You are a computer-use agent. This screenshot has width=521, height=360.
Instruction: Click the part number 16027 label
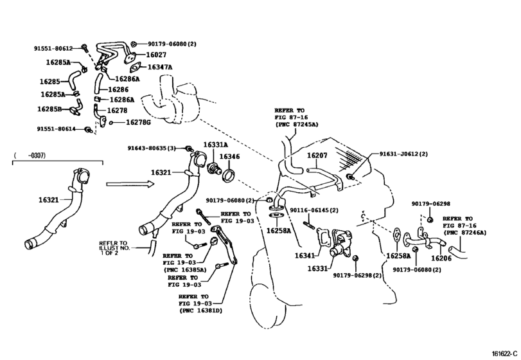click(x=156, y=55)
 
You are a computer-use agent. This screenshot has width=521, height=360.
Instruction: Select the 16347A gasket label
click(x=160, y=67)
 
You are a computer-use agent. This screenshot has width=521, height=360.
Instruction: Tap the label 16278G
click(x=138, y=122)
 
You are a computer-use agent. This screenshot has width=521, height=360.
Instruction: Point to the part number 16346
click(x=229, y=157)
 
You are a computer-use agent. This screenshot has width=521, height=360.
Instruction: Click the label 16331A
click(x=216, y=145)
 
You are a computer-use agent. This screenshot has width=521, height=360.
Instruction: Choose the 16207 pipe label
click(x=317, y=155)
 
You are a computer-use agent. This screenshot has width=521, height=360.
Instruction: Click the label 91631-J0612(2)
click(x=403, y=154)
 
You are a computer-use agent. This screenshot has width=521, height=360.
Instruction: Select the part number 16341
click(x=305, y=255)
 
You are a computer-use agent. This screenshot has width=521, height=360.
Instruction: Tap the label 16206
click(x=441, y=258)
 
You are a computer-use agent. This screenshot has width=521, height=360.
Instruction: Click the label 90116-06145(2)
click(x=314, y=210)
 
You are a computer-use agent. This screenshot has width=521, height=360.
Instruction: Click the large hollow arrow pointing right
click(x=130, y=184)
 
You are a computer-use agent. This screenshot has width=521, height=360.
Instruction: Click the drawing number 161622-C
click(x=505, y=354)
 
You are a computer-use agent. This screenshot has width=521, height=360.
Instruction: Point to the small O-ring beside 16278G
click(x=111, y=123)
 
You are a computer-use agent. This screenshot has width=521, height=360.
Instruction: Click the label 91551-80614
click(x=56, y=129)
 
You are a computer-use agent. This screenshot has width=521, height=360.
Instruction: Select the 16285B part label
click(x=49, y=109)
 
